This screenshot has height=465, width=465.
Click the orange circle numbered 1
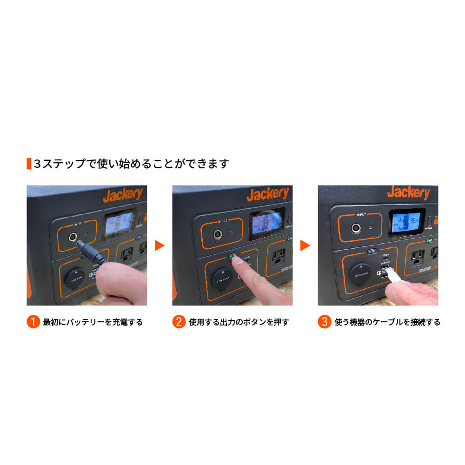click(33, 322)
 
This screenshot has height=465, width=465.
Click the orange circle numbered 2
click(179, 322)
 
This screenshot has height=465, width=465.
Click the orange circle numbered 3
click(325, 322)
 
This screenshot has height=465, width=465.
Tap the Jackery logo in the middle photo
click(267, 194)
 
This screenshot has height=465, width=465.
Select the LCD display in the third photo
click(407, 221)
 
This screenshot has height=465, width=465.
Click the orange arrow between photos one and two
click(159, 245)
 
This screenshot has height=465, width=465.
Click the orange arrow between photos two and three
click(305, 245)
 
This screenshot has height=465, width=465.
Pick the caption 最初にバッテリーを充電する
click(93, 322)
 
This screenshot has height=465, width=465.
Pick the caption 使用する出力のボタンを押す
click(239, 322)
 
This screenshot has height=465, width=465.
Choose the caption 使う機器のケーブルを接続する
click(387, 322)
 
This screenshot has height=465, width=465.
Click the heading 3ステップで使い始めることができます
click(132, 164)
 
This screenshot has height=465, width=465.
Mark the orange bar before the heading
click(29, 164)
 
